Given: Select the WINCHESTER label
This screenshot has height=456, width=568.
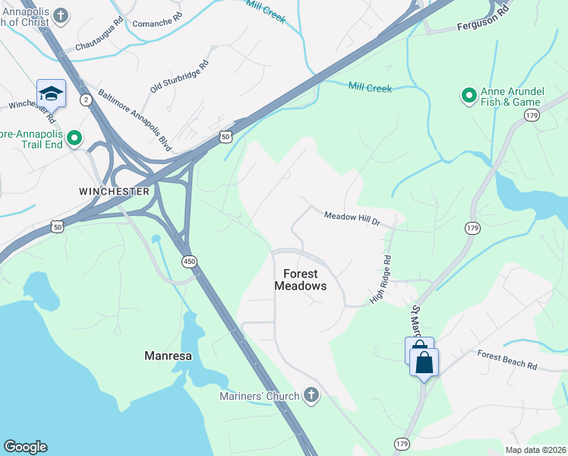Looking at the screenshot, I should point(115,192).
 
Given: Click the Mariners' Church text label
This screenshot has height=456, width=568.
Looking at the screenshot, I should point(260,395).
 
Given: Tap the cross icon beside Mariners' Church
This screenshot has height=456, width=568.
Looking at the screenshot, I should point(311,394).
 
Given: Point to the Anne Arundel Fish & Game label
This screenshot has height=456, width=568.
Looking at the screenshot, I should point(510,97).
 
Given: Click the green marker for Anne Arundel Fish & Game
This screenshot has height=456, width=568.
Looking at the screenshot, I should point(469,96).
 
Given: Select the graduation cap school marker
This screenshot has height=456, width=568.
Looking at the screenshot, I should point(51,93).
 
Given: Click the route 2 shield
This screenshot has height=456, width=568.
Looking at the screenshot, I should point(87,100).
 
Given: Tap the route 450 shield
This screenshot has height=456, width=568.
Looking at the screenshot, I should point(188,261).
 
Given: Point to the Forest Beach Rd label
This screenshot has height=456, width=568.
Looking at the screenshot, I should point(506,359).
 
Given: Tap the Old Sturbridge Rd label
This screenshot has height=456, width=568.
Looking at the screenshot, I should point(179,78).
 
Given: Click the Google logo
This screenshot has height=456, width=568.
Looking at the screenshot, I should point(25,447).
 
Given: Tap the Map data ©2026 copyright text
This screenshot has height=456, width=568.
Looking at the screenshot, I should point(535,450).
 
